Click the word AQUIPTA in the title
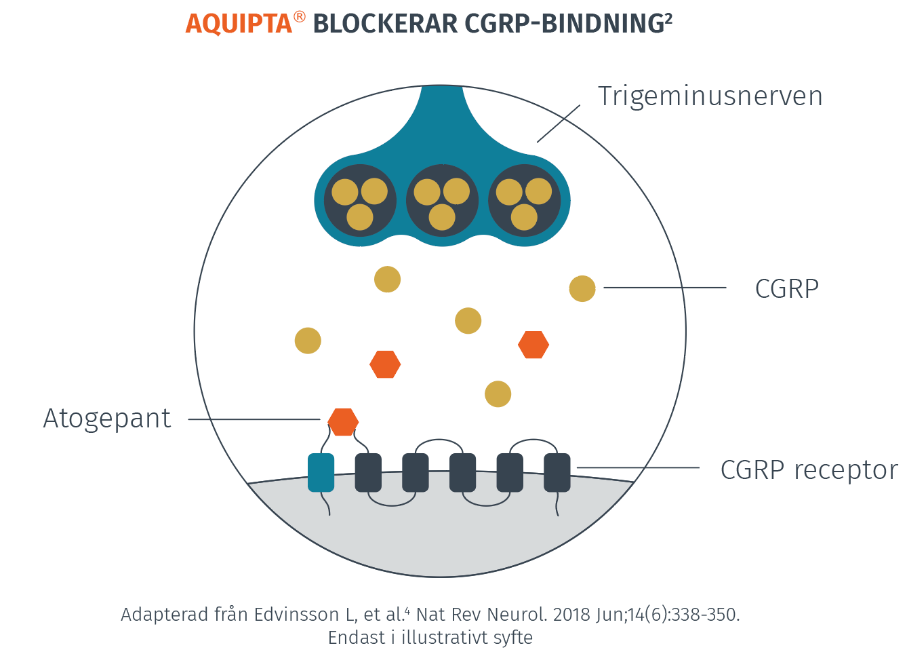coord(239,24)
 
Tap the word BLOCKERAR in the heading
coord(385,24)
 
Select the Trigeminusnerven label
coord(710,96)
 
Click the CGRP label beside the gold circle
coord(786,289)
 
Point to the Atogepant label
coord(107,419)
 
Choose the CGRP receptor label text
coord(809,469)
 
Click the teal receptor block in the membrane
coord(321,472)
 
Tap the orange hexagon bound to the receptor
coord(343,421)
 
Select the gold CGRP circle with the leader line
coord(582,288)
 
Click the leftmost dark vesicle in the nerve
coord(360,200)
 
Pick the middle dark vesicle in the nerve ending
coord(442,200)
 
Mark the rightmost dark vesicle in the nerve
coord(524,200)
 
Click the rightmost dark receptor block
coord(557,472)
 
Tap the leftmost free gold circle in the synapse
coord(308,341)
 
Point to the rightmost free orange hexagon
coord(533,345)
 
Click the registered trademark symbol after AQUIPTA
coord(300,18)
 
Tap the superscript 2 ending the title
coord(668,18)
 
